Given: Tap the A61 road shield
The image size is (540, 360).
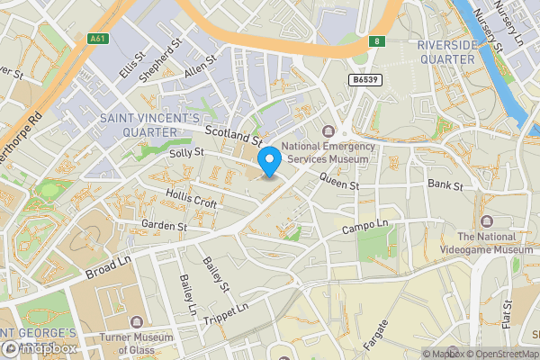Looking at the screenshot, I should point(99,39).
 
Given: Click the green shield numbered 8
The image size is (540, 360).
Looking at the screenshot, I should point(378,40).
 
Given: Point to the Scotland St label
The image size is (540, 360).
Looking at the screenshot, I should point(232,135).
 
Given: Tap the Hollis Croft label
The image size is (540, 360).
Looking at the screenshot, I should point(192,199).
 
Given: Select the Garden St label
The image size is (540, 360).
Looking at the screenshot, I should point(163,226).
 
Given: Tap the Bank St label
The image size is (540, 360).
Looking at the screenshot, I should point(445,185).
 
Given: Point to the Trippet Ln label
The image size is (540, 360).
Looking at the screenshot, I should point(225,315).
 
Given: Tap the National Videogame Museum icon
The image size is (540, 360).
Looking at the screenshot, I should point(487,221).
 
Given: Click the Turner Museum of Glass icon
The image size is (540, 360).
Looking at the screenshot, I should point(136,321).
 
